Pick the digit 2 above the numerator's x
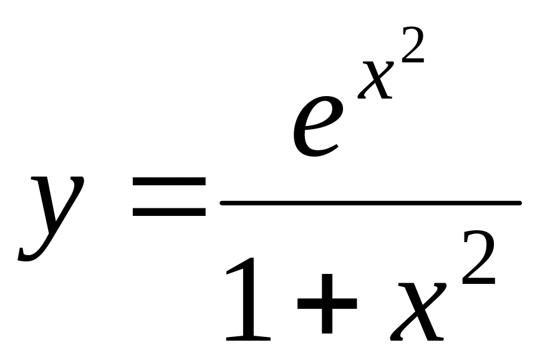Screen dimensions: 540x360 click(413, 44)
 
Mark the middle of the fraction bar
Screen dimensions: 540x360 click(370, 203)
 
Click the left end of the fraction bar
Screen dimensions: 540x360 click(223, 203)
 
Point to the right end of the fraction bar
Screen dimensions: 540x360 click(519, 203)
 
